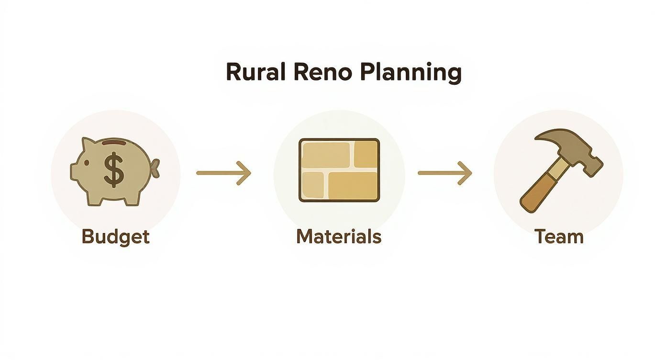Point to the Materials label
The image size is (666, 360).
[339, 237]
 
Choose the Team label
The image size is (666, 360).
[559, 237]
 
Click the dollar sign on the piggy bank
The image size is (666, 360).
[113, 169]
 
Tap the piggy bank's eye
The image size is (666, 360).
[87, 163]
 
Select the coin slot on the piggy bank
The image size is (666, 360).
[114, 143]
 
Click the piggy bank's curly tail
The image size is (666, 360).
[155, 168]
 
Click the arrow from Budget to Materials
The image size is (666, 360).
[224, 173]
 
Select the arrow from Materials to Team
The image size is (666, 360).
[445, 173]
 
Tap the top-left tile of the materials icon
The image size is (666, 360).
[326, 155]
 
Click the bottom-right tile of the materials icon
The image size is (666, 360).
[353, 186]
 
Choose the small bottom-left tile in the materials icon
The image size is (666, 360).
[313, 185]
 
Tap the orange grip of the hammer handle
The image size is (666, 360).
[536, 194]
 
